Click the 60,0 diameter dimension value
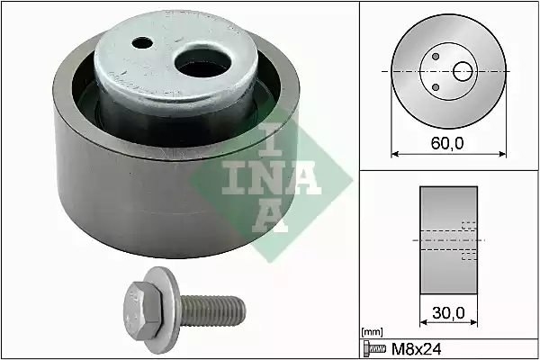click(447, 143)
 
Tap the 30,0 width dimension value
click(448, 313)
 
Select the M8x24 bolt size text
click(417, 349)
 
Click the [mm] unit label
click(373, 332)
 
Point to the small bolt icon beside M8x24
click(374, 349)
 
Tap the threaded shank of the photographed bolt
click(213, 310)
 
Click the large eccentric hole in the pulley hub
click(202, 63)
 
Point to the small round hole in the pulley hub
click(142, 43)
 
